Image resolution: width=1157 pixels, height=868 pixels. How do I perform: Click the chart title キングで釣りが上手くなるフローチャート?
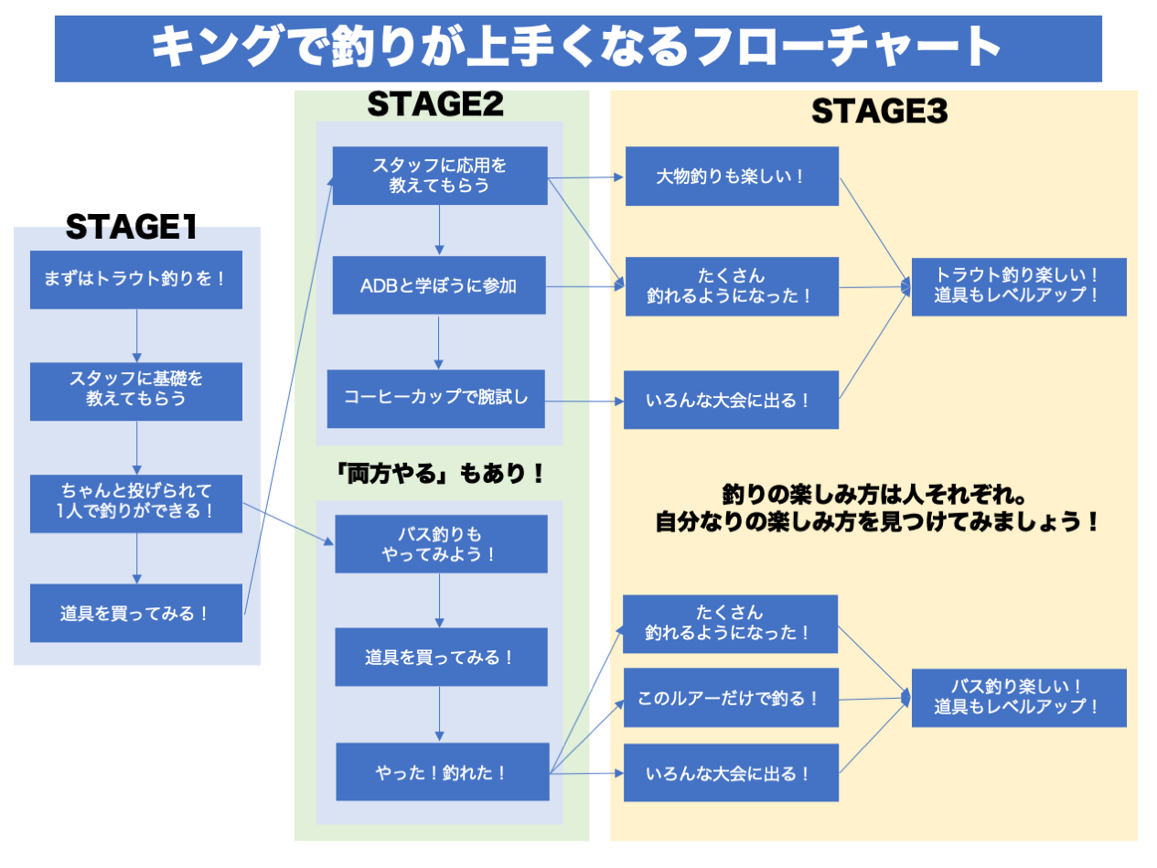click(578, 48)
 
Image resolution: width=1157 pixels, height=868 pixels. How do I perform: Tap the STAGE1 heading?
click(132, 228)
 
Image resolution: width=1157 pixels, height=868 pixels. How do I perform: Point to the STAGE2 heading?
click(435, 105)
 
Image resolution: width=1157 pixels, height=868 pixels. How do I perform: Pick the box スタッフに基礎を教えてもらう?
click(135, 391)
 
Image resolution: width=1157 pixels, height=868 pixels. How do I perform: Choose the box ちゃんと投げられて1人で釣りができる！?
click(135, 503)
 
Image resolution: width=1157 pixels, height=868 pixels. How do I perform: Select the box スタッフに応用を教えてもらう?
click(439, 176)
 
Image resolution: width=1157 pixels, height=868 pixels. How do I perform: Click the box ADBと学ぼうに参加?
click(439, 285)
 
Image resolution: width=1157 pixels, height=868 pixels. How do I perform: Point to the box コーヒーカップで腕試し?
click(436, 398)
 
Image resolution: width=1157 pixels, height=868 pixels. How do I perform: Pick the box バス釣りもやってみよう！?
click(441, 544)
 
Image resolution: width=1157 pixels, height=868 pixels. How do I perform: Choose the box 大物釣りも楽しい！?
click(732, 177)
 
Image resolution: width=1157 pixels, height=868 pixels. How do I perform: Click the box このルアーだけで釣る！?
click(731, 698)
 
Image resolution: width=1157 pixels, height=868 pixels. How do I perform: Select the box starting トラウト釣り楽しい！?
click(1019, 285)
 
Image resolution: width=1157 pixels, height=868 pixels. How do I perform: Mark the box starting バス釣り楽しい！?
click(1018, 697)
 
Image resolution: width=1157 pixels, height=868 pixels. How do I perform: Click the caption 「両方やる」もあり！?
click(441, 473)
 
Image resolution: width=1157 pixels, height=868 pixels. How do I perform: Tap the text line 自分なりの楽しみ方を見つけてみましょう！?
click(876, 523)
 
